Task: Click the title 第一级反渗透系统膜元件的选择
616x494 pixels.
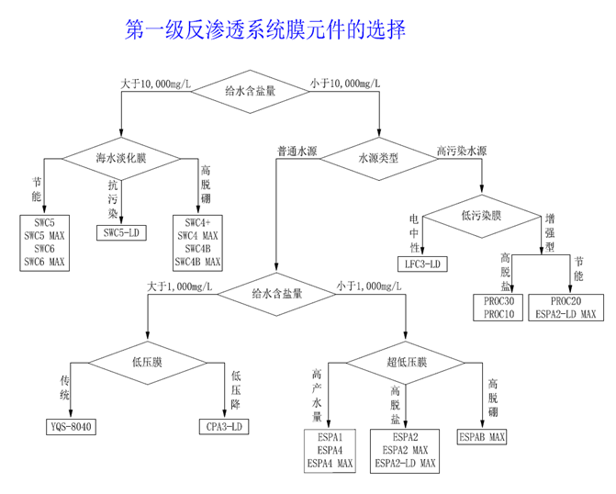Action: [265, 31]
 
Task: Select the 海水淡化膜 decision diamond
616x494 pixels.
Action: [121, 158]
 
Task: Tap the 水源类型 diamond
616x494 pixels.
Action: [378, 158]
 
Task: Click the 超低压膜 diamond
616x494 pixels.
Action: [407, 362]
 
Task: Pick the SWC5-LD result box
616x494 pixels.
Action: [121, 233]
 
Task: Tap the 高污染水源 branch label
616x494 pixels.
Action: [462, 150]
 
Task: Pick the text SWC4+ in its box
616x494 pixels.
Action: [198, 223]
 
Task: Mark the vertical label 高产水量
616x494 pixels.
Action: [316, 394]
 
